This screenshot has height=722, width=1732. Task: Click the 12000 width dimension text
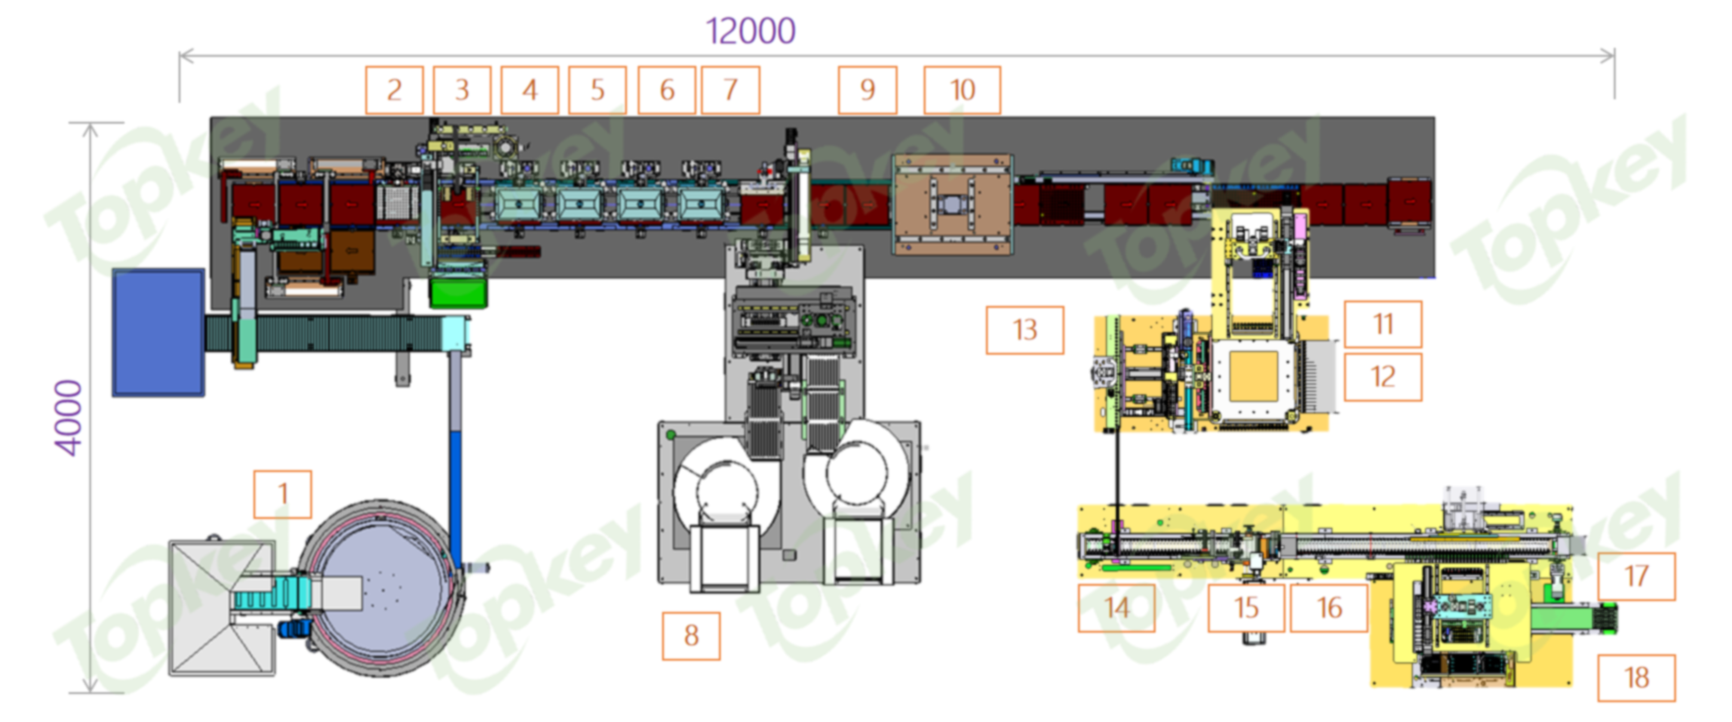pyautogui.click(x=751, y=31)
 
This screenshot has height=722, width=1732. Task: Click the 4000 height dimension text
pyautogui.click(x=69, y=417)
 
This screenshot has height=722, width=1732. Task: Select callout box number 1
pyautogui.click(x=282, y=494)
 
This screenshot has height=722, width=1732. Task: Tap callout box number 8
pyautogui.click(x=691, y=635)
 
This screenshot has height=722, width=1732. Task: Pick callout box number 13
pyautogui.click(x=1025, y=329)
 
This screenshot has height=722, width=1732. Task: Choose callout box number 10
pyautogui.click(x=962, y=89)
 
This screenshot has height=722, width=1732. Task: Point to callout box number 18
pyautogui.click(x=1636, y=677)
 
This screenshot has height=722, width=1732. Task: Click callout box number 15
pyautogui.click(x=1246, y=607)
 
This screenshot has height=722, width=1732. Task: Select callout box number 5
pyautogui.click(x=597, y=89)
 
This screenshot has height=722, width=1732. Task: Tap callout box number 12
pyautogui.click(x=1383, y=376)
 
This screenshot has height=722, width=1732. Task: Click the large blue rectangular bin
pyautogui.click(x=158, y=332)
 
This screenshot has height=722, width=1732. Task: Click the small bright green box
pyautogui.click(x=458, y=292)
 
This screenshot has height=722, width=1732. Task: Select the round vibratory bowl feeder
pyautogui.click(x=383, y=587)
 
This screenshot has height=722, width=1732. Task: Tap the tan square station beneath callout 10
pyautogui.click(x=953, y=205)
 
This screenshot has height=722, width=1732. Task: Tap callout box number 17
pyautogui.click(x=1636, y=576)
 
